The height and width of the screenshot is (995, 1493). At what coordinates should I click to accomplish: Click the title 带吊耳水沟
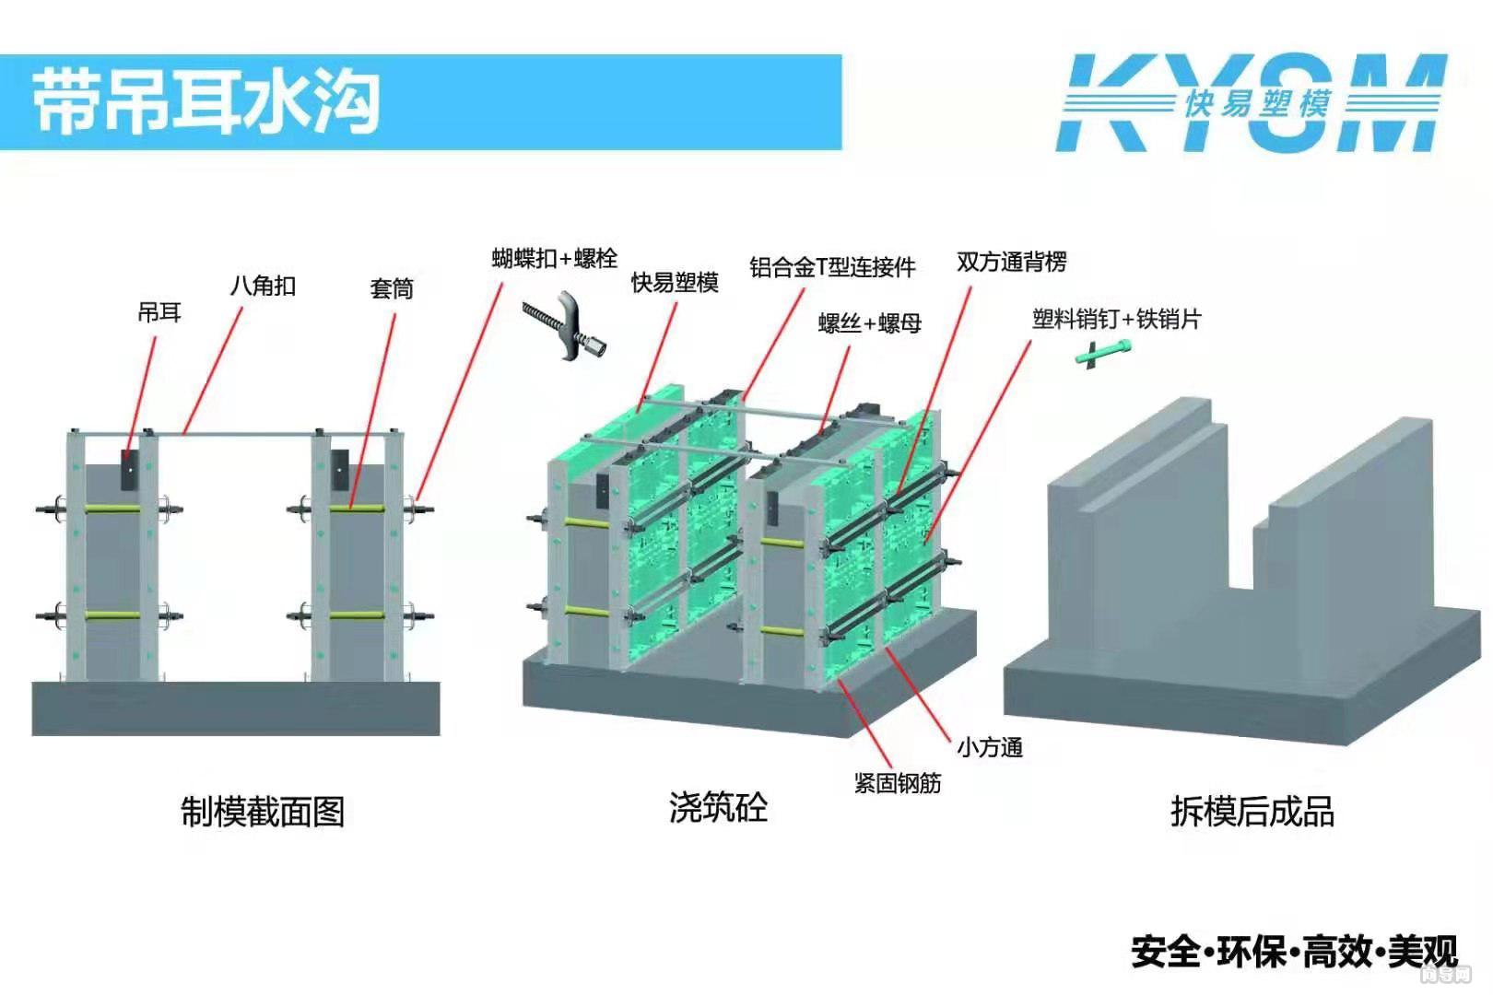pyautogui.click(x=206, y=100)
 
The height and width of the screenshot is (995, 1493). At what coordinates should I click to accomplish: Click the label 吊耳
pyautogui.click(x=159, y=313)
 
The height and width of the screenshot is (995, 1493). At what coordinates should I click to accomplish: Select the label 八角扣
pyautogui.click(x=263, y=286)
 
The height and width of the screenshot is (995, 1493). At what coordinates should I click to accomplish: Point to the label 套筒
pyautogui.click(x=391, y=289)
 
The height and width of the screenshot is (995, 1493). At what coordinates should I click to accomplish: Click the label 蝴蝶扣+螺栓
pyautogui.click(x=554, y=258)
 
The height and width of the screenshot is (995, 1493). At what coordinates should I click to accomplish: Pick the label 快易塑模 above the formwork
pyautogui.click(x=674, y=283)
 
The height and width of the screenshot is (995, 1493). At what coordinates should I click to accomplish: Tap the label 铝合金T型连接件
pyautogui.click(x=831, y=267)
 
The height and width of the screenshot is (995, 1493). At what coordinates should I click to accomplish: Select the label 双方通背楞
pyautogui.click(x=1011, y=263)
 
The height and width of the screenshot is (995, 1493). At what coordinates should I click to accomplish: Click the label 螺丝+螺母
pyautogui.click(x=869, y=323)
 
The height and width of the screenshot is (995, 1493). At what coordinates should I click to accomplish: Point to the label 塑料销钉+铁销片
pyautogui.click(x=1116, y=320)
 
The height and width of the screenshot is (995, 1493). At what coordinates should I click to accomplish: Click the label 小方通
pyautogui.click(x=989, y=747)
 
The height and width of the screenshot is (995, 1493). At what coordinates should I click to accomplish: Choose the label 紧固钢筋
pyautogui.click(x=897, y=783)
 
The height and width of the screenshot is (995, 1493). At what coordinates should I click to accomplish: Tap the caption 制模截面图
pyautogui.click(x=263, y=812)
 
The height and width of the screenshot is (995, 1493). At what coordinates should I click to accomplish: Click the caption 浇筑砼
pyautogui.click(x=718, y=807)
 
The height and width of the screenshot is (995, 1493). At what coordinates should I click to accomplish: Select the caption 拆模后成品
pyautogui.click(x=1252, y=812)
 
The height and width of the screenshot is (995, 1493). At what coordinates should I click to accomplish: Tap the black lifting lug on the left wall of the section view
pyautogui.click(x=129, y=470)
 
